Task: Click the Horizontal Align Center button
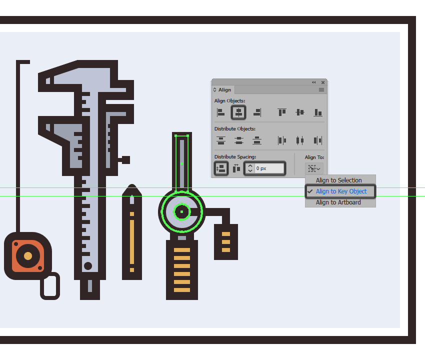click(238, 112)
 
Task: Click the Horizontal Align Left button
click(220, 112)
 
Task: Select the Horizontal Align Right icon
click(257, 112)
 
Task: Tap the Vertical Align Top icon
click(282, 112)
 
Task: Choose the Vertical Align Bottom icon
click(318, 112)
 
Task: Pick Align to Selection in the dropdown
click(338, 180)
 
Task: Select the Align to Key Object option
click(341, 191)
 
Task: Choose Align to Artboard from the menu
click(338, 202)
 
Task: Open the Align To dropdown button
click(314, 168)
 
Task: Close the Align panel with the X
click(323, 82)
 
